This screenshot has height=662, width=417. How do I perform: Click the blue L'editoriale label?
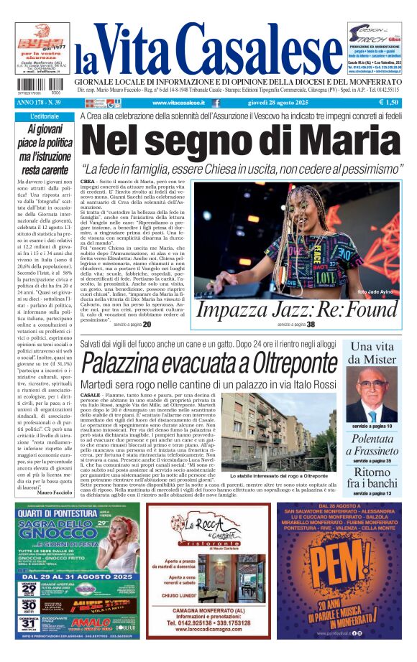click(x=45, y=116)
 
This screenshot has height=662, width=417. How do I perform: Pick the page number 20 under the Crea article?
click(x=147, y=325)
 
